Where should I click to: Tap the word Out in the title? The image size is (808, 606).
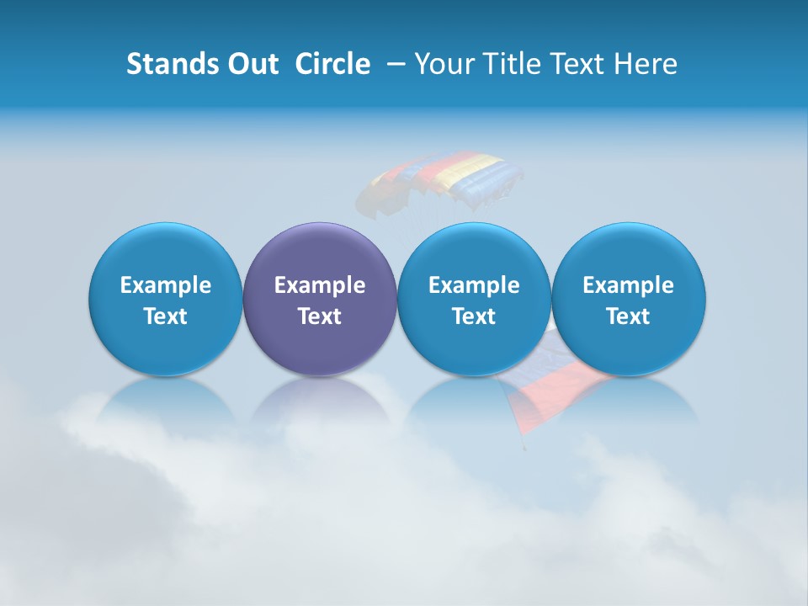pyautogui.click(x=252, y=64)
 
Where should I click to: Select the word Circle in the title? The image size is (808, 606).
pyautogui.click(x=332, y=64)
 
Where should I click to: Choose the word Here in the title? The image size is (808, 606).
pyautogui.click(x=646, y=64)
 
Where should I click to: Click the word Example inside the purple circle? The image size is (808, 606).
pyautogui.click(x=320, y=285)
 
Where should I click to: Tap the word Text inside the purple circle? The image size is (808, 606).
pyautogui.click(x=320, y=316)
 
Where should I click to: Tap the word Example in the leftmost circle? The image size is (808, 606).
pyautogui.click(x=166, y=285)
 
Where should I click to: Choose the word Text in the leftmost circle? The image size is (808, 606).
pyautogui.click(x=166, y=316)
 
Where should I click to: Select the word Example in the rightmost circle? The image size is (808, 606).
pyautogui.click(x=628, y=285)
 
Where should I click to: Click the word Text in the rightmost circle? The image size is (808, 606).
pyautogui.click(x=628, y=316)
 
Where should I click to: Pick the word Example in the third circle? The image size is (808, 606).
pyautogui.click(x=474, y=285)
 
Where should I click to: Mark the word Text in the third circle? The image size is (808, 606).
pyautogui.click(x=474, y=316)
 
